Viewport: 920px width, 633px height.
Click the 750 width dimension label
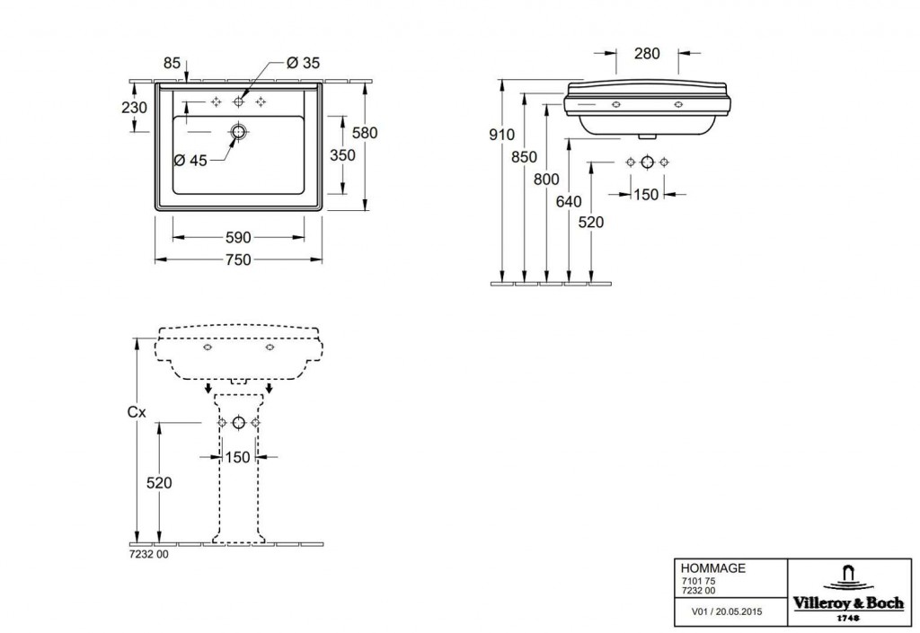(238, 259)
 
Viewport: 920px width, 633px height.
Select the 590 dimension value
(238, 237)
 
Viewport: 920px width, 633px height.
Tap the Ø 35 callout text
(304, 62)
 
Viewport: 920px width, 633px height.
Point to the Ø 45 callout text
(190, 160)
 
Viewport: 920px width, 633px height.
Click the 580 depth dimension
(365, 133)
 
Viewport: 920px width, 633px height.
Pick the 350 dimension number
(342, 155)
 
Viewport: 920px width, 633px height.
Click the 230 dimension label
(135, 108)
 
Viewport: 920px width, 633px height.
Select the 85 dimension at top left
(172, 62)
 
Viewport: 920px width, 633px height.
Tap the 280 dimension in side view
(647, 53)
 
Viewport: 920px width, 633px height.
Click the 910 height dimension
(501, 135)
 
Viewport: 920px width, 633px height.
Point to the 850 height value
(524, 157)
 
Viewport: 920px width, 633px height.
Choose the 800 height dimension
(546, 180)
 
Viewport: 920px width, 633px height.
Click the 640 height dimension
(569, 202)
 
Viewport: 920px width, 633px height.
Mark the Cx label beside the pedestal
(137, 413)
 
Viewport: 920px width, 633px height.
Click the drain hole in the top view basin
(238, 131)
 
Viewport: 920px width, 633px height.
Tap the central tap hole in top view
(238, 102)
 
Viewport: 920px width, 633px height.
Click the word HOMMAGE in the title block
(712, 568)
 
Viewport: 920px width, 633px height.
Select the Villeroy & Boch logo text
(848, 603)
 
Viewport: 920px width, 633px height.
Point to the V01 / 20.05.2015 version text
(727, 612)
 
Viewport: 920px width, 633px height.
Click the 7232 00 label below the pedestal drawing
(148, 554)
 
